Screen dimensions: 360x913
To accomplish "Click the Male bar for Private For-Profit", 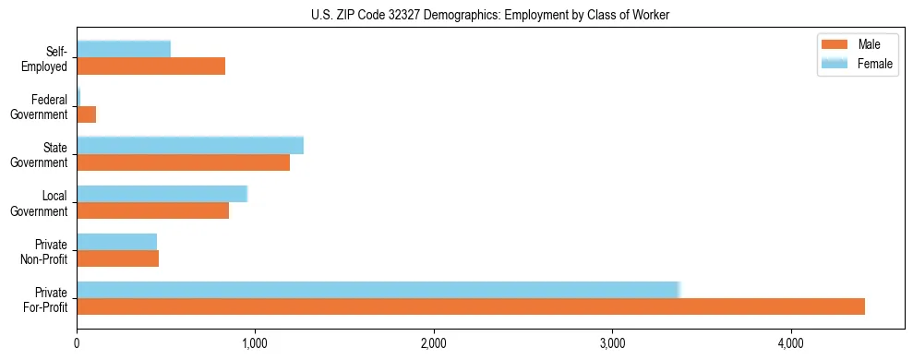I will (x=471, y=306).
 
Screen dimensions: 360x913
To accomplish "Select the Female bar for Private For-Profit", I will (x=378, y=290).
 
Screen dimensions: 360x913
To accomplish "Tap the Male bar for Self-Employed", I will (x=151, y=66).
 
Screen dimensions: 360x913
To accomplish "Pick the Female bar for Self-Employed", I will (x=124, y=49).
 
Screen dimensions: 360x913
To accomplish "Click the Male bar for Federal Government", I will (x=87, y=114).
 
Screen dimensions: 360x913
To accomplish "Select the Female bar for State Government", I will (x=190, y=145).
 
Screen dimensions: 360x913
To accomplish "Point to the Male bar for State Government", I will (x=184, y=162).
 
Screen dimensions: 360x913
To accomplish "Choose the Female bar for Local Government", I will (x=162, y=194).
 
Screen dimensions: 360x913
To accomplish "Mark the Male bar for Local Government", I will (x=153, y=210).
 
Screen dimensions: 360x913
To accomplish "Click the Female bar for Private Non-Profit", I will (x=117, y=242).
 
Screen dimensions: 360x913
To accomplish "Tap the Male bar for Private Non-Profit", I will (x=118, y=258).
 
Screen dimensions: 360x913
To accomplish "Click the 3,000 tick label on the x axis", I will (x=612, y=343).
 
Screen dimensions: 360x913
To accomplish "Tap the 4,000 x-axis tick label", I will (x=791, y=343).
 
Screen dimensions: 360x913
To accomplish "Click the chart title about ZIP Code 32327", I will (x=489, y=15).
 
